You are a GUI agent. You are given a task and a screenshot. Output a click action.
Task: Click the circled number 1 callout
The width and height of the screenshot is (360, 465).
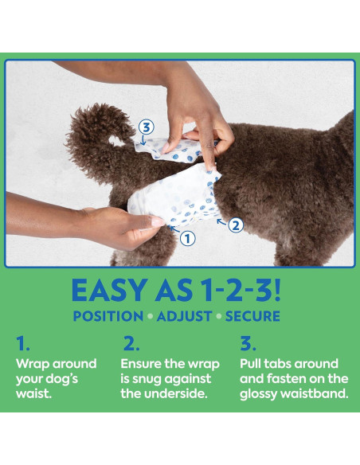point(187,237)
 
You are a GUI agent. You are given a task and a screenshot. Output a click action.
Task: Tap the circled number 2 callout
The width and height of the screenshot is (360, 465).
point(235,225)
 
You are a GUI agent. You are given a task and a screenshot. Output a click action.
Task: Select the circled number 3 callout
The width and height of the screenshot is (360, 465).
point(145,127)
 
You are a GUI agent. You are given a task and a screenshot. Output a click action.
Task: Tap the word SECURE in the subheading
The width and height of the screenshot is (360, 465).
point(252,316)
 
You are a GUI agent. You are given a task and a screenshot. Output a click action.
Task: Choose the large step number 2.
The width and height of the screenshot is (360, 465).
point(131,343)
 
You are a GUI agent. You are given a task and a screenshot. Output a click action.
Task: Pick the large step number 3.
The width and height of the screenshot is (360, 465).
point(248,343)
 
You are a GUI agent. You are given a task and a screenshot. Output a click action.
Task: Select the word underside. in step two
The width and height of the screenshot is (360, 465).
point(177,394)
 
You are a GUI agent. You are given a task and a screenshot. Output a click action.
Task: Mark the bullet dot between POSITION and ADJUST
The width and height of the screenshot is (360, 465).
point(151,316)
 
